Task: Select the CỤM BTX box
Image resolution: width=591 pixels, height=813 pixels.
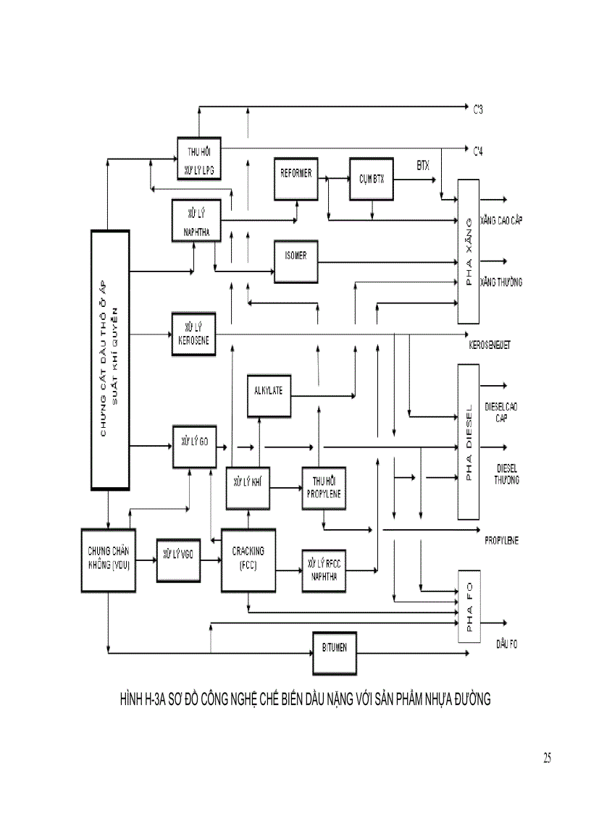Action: pos(371,178)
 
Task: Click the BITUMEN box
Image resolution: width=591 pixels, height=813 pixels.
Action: pos(335,649)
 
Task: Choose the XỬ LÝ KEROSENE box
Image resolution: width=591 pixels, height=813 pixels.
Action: pos(193,334)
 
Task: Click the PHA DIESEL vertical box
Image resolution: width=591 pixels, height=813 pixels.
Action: pos(469,442)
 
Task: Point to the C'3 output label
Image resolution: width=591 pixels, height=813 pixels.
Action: pos(478,110)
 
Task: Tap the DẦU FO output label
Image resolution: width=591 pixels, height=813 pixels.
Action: pos(506,643)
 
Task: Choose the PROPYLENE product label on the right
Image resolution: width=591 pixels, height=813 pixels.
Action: pos(502,540)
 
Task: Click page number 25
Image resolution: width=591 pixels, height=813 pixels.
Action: pos(547,758)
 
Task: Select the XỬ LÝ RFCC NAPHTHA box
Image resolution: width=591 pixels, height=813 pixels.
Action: pos(324,569)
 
